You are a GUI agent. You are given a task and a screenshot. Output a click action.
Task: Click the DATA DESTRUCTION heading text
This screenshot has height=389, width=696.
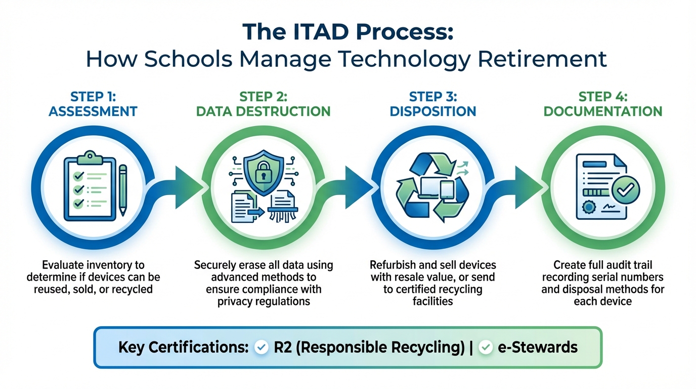click(x=264, y=111)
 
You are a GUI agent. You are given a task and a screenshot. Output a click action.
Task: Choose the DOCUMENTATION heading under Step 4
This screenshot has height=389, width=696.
click(x=603, y=111)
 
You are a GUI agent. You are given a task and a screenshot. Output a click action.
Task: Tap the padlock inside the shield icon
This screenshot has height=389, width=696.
click(x=263, y=175)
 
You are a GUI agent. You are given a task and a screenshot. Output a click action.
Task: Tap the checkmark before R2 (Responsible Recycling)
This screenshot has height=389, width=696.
click(x=262, y=347)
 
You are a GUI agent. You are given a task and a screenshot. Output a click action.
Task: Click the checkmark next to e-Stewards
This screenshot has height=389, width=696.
click(x=486, y=347)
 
